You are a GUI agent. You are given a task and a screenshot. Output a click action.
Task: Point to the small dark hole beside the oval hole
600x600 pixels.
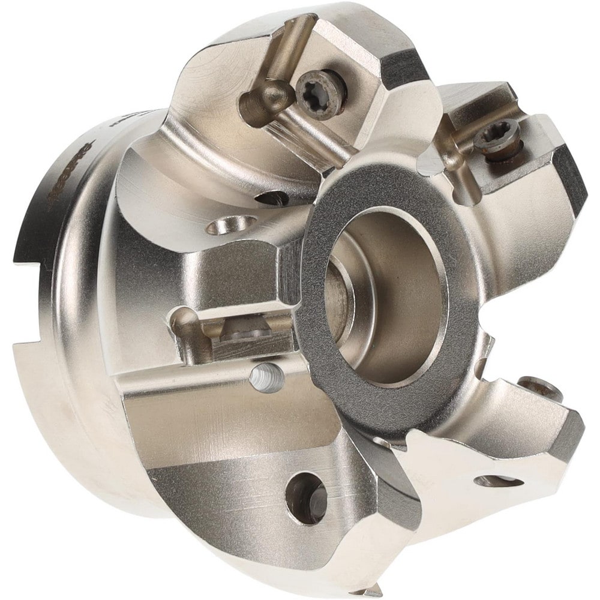(273, 198)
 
